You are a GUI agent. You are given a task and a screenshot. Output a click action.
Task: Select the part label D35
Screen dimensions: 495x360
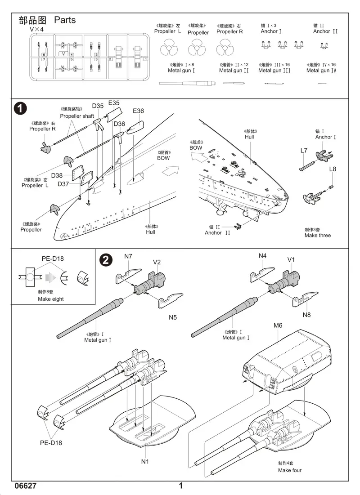(98, 106)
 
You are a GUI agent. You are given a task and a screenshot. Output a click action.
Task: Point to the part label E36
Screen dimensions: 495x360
(138, 111)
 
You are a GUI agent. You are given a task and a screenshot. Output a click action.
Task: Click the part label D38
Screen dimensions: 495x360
(57, 175)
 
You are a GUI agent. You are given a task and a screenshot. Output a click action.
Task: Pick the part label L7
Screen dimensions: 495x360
(304, 151)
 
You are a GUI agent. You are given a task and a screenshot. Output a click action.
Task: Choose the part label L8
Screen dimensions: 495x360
(333, 169)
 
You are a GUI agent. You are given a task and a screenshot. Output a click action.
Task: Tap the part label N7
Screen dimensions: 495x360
(128, 256)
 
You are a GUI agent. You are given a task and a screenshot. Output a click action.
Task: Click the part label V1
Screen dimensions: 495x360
(291, 259)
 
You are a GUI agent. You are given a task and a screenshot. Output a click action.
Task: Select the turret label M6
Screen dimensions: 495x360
(278, 326)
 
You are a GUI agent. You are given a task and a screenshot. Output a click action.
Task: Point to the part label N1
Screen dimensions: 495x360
(145, 461)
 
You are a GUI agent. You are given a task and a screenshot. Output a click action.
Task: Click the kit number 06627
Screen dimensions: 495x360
(25, 486)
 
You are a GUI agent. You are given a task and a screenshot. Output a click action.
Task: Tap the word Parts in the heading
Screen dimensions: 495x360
(65, 20)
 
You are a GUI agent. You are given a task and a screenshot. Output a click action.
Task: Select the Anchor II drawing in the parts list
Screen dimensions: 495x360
(323, 45)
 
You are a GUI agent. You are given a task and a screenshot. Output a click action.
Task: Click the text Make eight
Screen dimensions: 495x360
(51, 299)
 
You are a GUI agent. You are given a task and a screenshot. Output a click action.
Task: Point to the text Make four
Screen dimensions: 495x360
(290, 470)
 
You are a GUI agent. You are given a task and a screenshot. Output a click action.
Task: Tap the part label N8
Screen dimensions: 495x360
(306, 315)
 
